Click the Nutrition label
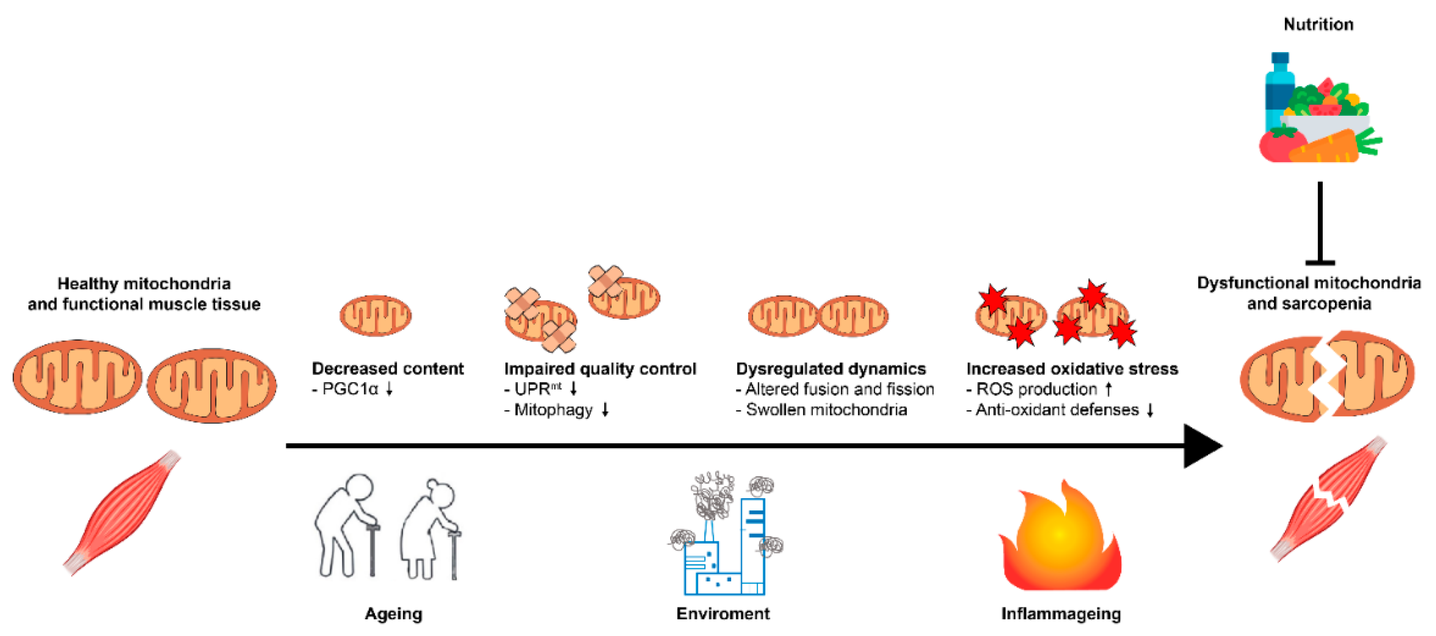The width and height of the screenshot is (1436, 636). click(x=1318, y=24)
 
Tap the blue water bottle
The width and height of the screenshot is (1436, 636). click(x=1279, y=92)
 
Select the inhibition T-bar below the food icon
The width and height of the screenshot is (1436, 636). click(x=1320, y=223)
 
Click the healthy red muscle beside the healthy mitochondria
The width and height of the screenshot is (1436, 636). click(x=121, y=512)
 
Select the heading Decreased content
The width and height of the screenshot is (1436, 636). click(x=387, y=368)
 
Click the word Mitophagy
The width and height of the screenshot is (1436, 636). click(x=553, y=410)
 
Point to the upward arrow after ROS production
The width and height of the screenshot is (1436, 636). click(x=1108, y=388)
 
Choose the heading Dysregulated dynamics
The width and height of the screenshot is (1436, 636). click(x=831, y=368)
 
